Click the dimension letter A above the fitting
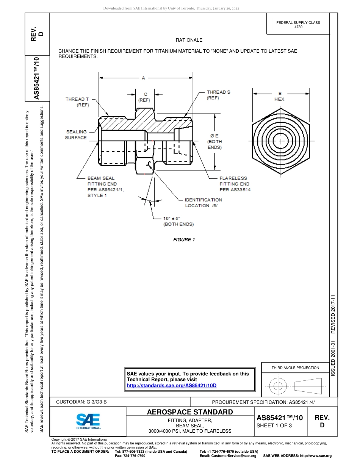(x=143, y=78)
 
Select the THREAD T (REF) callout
(x=77, y=102)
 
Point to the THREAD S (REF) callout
(x=218, y=95)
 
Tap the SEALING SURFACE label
(x=76, y=135)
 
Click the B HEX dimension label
(x=280, y=96)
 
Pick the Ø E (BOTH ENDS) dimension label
(x=214, y=141)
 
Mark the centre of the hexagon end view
(x=280, y=141)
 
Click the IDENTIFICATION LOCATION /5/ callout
(x=203, y=203)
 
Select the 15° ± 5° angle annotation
(x=178, y=221)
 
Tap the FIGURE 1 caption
(x=184, y=240)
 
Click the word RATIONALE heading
(x=189, y=40)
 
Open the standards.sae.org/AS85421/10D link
(x=171, y=385)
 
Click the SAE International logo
(x=88, y=421)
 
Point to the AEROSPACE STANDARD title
(x=190, y=412)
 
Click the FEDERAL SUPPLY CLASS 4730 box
(x=298, y=25)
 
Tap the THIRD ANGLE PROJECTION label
(x=295, y=367)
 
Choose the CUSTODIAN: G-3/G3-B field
(x=81, y=402)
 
